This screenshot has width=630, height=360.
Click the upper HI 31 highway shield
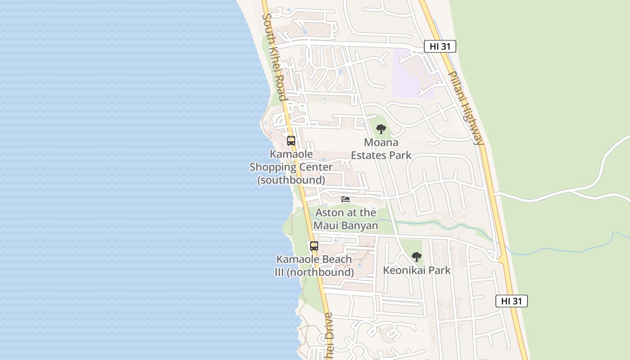pyautogui.click(x=440, y=46)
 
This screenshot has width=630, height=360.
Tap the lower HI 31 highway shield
pyautogui.click(x=511, y=301)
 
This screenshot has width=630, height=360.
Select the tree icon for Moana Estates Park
pyautogui.click(x=381, y=129)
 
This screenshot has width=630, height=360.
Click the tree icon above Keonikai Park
pyautogui.click(x=417, y=257)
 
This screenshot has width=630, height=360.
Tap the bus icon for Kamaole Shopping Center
pyautogui.click(x=291, y=140)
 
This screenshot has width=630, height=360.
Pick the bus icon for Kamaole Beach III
pyautogui.click(x=314, y=246)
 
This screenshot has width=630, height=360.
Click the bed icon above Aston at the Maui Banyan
pyautogui.click(x=346, y=199)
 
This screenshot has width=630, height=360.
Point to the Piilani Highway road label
pyautogui.click(x=466, y=108)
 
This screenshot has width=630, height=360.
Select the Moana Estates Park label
pyautogui.click(x=381, y=149)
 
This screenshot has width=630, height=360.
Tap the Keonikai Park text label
pyautogui.click(x=417, y=270)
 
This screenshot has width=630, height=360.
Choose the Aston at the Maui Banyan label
pyautogui.click(x=346, y=219)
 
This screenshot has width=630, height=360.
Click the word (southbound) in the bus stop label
pyautogui.click(x=291, y=180)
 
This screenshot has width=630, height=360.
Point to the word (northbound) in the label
pyautogui.click(x=320, y=272)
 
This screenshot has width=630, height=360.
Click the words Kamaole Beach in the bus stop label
pyautogui.click(x=314, y=259)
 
